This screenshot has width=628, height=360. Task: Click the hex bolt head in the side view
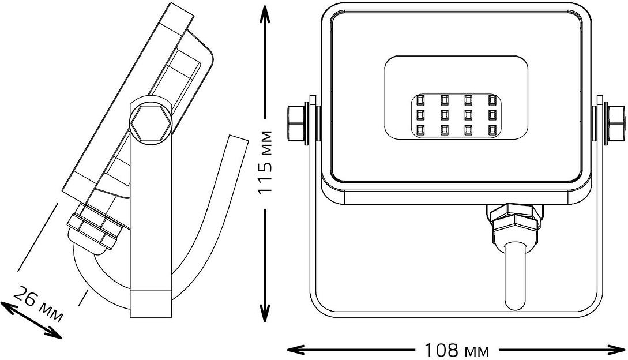150,123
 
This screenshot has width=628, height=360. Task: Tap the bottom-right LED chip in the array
492,129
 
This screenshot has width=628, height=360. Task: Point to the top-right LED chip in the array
492,100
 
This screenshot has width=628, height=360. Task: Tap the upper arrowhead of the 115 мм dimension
265,13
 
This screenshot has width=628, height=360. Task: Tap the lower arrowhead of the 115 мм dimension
265,315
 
